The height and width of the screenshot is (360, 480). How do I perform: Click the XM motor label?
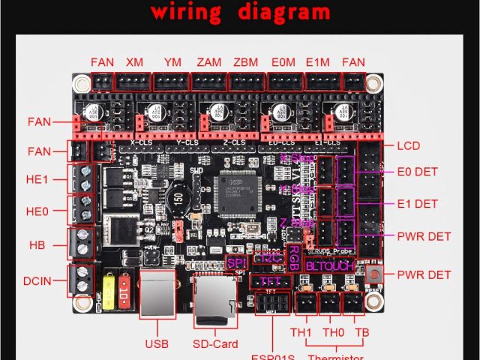click(135, 61)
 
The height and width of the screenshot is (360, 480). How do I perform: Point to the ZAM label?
click(209, 61)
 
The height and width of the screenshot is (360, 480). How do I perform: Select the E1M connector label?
click(318, 61)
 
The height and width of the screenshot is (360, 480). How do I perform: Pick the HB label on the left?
click(37, 244)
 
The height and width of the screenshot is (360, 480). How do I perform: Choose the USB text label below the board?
click(157, 344)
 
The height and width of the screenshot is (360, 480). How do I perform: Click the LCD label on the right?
click(409, 145)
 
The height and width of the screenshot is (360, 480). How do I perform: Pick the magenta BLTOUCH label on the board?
click(329, 265)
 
